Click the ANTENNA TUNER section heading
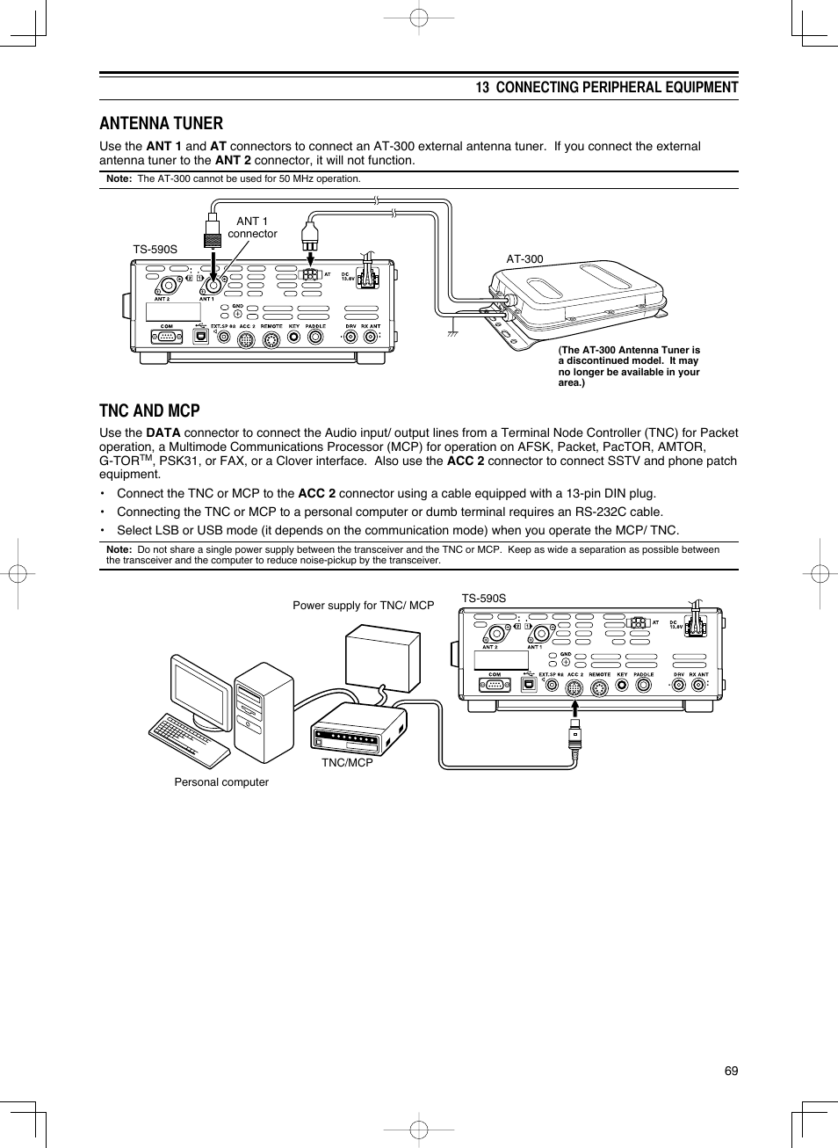tap(161, 123)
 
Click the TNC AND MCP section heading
tap(149, 411)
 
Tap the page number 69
tap(731, 1071)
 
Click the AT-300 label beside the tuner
tap(524, 259)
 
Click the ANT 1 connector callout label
tap(252, 228)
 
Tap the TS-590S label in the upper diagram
tap(155, 250)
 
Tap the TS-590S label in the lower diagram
tap(484, 599)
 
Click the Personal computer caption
tap(221, 782)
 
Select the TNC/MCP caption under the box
tap(347, 762)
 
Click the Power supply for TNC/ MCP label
tap(363, 606)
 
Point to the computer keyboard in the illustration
tap(188, 738)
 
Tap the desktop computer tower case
tap(264, 712)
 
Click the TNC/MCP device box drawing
tap(358, 729)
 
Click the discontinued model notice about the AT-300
tap(629, 366)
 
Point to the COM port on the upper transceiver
tap(166, 335)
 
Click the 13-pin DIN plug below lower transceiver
tap(574, 739)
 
